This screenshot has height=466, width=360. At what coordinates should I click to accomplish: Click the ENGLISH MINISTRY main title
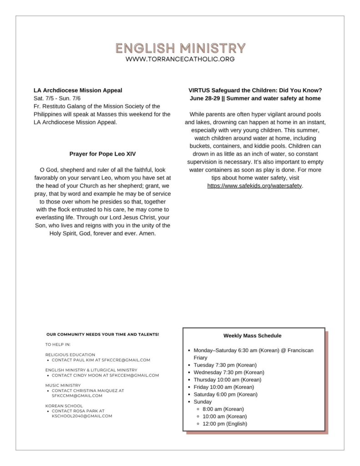click(x=180, y=48)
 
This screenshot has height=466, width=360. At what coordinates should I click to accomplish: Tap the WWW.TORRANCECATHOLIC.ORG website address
click(x=180, y=59)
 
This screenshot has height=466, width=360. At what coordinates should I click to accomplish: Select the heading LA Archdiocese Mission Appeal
click(x=78, y=91)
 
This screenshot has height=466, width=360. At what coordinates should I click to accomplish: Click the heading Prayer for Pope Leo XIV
click(x=102, y=154)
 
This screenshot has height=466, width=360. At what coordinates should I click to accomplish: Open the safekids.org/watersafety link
click(x=254, y=186)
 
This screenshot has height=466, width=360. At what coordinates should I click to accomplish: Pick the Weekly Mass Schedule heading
click(x=252, y=336)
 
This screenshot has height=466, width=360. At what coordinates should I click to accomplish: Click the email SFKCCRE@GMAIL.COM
click(x=126, y=360)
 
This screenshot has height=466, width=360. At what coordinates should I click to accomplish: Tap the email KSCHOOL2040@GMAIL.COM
click(x=82, y=416)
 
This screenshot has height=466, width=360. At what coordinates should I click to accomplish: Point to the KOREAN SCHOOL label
click(x=64, y=405)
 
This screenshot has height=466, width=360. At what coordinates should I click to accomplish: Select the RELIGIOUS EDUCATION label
click(x=70, y=355)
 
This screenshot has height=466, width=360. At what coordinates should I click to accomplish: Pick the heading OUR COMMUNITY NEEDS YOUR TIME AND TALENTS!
click(x=102, y=334)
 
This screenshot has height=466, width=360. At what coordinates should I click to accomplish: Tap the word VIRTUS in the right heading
click(x=198, y=91)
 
